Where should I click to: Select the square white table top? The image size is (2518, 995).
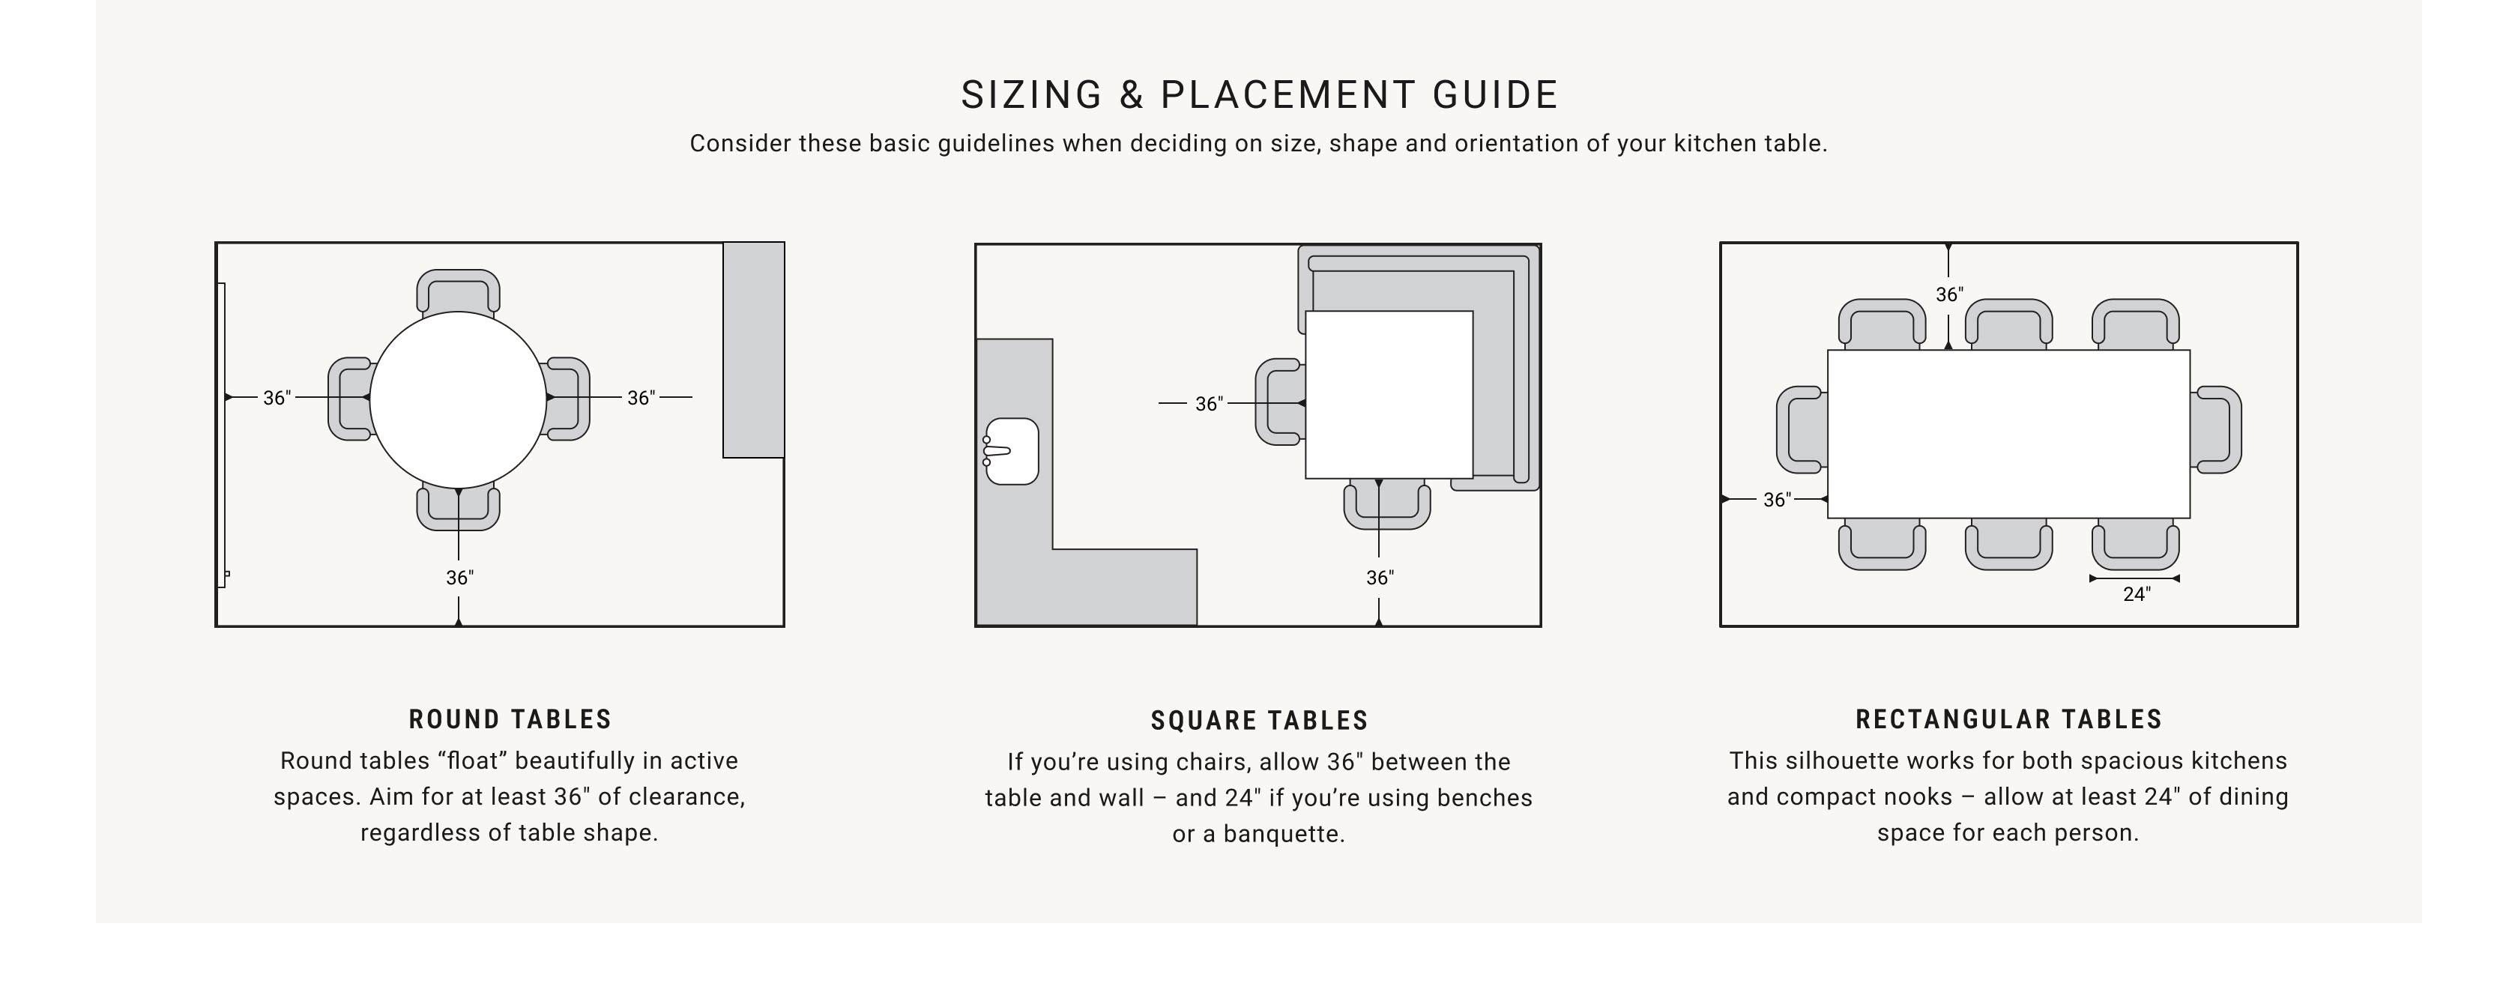tap(1389, 395)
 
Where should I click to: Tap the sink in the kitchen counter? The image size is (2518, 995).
tap(1011, 452)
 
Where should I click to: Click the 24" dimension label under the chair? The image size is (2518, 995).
tap(2136, 594)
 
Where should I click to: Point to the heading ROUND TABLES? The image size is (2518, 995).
tap(510, 719)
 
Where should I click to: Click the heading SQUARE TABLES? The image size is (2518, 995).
tap(1259, 720)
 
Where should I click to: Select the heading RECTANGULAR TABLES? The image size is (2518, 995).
tap(2008, 719)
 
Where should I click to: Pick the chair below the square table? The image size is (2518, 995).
tap(1387, 505)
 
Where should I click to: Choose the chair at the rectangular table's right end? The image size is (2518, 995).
tap(2216, 430)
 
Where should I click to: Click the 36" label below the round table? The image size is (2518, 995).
tap(459, 578)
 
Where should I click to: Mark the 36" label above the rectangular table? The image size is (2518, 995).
tap(1949, 294)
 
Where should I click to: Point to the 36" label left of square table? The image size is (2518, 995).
tap(1208, 404)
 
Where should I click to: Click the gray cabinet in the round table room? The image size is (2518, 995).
tap(754, 350)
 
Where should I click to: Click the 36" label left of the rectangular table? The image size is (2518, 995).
tap(1776, 500)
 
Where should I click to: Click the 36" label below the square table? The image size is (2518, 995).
tap(1379, 578)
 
